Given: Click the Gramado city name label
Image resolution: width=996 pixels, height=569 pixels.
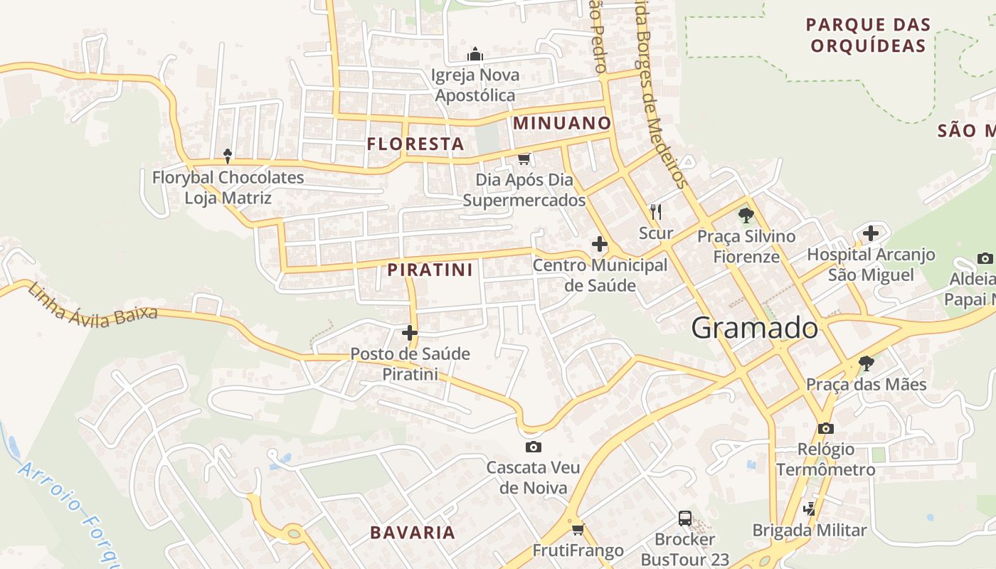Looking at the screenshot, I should pos(754,328).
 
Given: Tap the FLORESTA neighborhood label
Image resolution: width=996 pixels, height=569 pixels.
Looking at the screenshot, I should pos(415,144).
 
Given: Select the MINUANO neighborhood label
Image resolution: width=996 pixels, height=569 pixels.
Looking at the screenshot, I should pos(562,123).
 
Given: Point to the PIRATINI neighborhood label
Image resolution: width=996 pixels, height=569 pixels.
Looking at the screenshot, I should pos(430,270).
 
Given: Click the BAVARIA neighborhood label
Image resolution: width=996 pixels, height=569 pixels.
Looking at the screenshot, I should pos(413,533).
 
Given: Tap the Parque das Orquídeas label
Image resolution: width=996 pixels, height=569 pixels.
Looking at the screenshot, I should pos(868,36).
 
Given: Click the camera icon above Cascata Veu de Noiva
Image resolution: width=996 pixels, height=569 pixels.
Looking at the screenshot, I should pos(533,447).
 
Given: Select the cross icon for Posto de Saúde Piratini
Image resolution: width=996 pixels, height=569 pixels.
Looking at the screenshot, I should pos(410,332).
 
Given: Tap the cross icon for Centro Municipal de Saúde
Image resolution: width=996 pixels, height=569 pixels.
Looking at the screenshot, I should pos(600,245).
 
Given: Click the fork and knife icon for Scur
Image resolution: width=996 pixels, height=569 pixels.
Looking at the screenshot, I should pos(656,211).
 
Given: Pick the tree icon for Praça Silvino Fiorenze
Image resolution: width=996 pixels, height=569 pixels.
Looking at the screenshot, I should pos(746,215).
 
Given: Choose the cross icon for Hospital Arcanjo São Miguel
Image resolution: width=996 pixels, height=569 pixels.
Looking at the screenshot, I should pos(871,233).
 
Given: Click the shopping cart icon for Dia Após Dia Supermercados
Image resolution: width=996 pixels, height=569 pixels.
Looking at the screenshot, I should pos(524,159).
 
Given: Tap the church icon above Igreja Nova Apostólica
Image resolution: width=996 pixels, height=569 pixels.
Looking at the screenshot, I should pos(475,54).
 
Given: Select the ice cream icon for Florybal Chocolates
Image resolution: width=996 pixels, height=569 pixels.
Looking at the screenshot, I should pos(228,156).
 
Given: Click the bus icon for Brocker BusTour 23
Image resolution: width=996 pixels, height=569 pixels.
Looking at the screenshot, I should pos(685,518).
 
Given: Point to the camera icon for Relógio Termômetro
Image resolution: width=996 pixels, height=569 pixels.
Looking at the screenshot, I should pos(825,428).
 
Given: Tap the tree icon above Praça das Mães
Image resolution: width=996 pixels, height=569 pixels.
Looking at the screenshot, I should pos(866,363).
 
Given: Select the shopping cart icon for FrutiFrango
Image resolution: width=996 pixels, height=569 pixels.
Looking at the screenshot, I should pos(578,529).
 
